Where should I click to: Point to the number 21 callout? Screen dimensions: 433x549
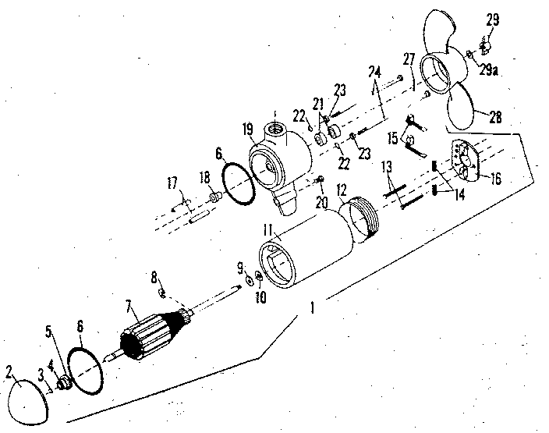(317, 102)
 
